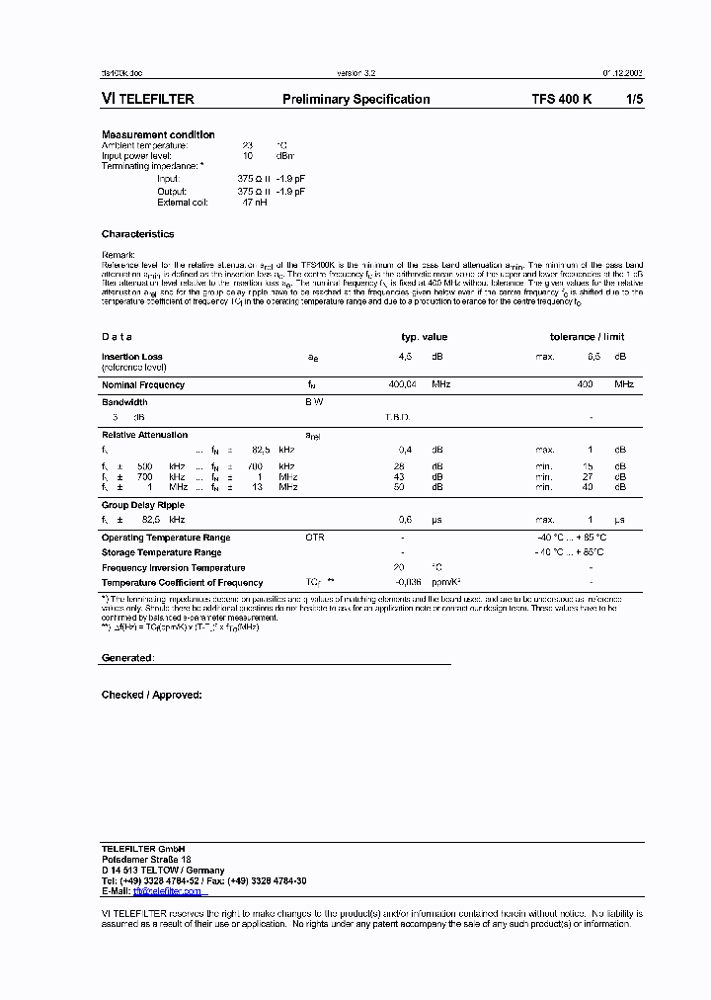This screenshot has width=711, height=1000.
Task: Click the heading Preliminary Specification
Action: pos(355,99)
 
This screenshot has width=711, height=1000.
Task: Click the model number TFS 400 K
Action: pos(562,99)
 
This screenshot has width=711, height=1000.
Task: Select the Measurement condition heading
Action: pos(158,134)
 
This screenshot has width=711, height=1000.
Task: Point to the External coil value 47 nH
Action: pos(254,203)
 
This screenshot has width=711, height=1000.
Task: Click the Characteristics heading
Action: pos(137,234)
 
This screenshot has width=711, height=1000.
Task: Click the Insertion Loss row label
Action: pos(132,357)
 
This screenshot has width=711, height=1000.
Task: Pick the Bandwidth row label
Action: pos(124,402)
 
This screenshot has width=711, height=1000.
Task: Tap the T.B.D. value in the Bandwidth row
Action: pos(397,417)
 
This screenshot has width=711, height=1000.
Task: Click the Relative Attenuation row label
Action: pos(144,435)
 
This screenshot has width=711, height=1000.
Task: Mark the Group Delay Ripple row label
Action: pos(143,505)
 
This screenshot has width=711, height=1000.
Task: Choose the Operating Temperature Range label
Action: pos(166,538)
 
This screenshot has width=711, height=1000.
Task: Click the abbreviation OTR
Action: pos(315,538)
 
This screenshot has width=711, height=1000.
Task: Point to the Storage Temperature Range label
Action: pos(161,552)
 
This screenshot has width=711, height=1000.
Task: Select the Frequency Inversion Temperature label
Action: pos(173,568)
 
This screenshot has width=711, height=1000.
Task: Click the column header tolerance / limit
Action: pos(587,337)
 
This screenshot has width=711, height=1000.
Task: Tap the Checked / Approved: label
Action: pos(151,695)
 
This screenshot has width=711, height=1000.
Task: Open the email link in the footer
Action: pos(167,891)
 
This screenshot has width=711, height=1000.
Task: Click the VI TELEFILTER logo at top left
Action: pos(147,99)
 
